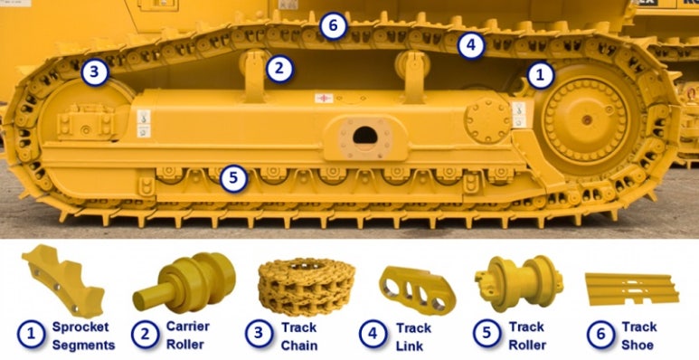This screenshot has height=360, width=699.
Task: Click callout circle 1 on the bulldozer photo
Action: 540,75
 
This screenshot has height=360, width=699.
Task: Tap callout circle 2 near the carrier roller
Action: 279,69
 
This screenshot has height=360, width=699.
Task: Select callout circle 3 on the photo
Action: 95,72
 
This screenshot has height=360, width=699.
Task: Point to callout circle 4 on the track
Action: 471,45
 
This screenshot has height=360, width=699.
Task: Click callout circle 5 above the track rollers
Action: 233,179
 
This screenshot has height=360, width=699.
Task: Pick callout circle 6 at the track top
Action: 333,26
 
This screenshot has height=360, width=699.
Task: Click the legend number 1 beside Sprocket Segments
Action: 32,335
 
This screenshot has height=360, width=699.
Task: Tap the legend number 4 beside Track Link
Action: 373,335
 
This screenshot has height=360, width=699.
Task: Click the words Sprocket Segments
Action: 83,336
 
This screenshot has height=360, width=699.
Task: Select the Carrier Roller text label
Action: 188,335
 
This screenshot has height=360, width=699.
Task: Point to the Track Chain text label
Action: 299,336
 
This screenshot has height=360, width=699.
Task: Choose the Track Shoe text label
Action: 638,336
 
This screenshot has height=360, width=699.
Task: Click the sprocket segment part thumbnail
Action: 63,280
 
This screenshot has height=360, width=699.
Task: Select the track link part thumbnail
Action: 418,290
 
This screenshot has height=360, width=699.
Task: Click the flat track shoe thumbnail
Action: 632,289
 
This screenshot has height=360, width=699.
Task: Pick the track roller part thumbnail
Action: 519,283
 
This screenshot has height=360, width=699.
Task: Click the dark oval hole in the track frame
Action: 365,135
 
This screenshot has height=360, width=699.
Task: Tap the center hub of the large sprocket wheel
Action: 587,119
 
